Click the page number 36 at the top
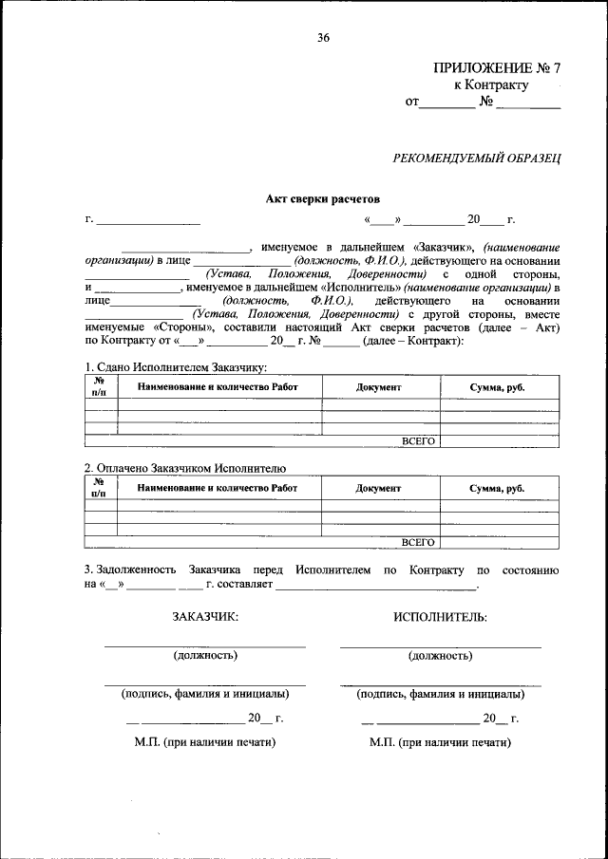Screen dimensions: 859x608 click(324, 38)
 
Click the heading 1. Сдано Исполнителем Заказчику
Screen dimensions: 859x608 click(175, 367)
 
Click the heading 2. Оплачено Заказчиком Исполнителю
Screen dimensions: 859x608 click(184, 468)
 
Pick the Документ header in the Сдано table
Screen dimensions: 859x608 click(379, 387)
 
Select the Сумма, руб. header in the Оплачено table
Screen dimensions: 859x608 click(497, 488)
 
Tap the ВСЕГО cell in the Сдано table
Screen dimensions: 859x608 click(418, 441)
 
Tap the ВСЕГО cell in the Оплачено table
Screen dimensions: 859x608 click(418, 542)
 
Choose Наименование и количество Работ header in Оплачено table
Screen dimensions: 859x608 click(218, 488)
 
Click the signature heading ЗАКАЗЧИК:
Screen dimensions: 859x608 click(205, 617)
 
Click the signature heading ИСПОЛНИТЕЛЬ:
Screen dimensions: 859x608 click(440, 617)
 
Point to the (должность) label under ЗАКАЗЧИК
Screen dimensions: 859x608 click(205, 655)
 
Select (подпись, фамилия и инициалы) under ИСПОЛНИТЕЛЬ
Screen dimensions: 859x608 click(440, 694)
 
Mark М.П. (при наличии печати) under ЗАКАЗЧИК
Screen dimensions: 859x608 click(205, 741)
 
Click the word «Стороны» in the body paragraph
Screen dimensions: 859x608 click(178, 327)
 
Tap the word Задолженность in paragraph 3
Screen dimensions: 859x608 click(131, 570)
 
